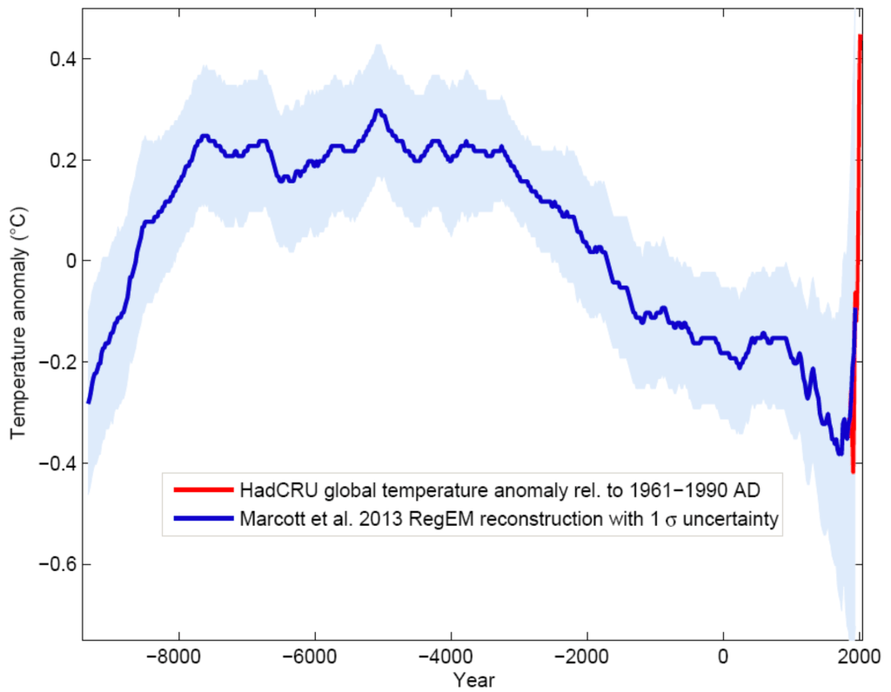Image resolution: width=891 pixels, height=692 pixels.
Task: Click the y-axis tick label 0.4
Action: tap(55, 59)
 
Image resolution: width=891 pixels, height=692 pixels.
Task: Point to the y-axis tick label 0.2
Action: tap(55, 160)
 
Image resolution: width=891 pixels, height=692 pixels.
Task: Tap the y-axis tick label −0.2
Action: tap(50, 363)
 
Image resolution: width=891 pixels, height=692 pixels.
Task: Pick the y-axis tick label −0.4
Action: tap(50, 463)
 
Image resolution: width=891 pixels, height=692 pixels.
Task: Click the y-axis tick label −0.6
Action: tap(50, 564)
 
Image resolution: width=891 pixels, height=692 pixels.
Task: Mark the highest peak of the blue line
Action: tap(378, 110)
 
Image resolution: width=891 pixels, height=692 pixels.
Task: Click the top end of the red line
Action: tap(860, 37)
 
